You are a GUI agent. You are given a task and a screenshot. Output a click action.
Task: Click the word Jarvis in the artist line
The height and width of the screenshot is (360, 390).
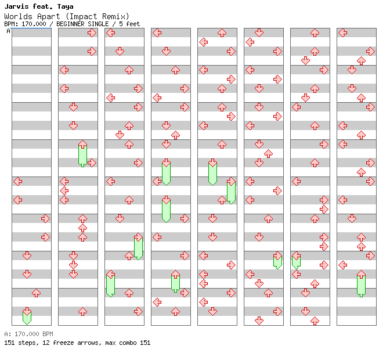click(x=16, y=6)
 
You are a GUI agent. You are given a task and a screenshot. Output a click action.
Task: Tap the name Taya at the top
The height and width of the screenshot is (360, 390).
click(x=64, y=6)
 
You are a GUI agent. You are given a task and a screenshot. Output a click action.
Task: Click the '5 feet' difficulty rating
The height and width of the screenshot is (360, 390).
click(x=129, y=24)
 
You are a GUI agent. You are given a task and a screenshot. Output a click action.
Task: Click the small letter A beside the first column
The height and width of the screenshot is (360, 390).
click(x=8, y=31)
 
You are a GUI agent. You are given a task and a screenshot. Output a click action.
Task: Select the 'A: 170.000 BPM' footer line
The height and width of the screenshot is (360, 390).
click(x=28, y=334)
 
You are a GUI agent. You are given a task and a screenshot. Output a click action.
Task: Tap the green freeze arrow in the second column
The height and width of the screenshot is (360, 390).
click(x=82, y=153)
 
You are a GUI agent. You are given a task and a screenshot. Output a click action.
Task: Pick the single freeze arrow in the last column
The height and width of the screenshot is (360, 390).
click(x=361, y=283)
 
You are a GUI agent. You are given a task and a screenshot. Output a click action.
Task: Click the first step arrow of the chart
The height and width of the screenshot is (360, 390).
click(x=92, y=33)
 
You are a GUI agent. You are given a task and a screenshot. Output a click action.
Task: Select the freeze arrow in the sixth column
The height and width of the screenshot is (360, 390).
click(x=277, y=260)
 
